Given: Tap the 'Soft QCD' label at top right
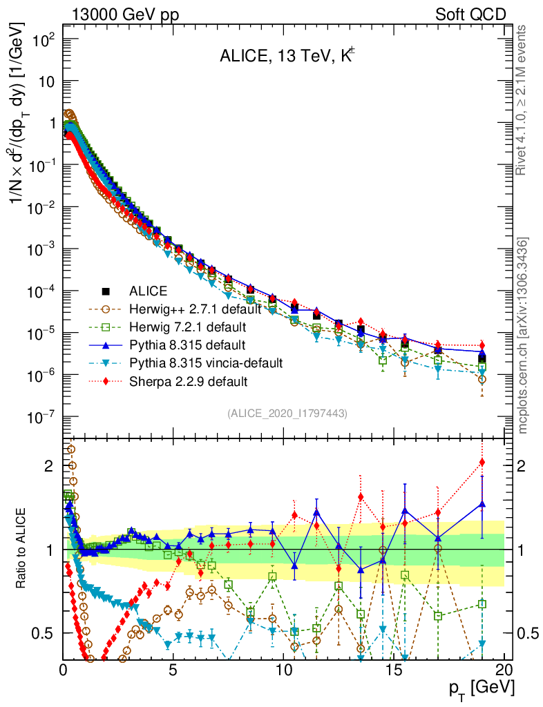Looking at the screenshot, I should pos(470,14).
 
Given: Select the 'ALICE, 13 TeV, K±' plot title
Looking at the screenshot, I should pos(287,58).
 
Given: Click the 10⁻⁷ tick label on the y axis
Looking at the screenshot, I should pos(40,418).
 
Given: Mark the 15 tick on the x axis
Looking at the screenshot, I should pos(394,669).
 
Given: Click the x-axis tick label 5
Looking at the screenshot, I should pos(173,669).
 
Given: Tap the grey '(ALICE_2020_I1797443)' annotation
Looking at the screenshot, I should pos(287,414).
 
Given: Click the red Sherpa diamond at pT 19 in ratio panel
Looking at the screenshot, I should pos(482,462).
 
